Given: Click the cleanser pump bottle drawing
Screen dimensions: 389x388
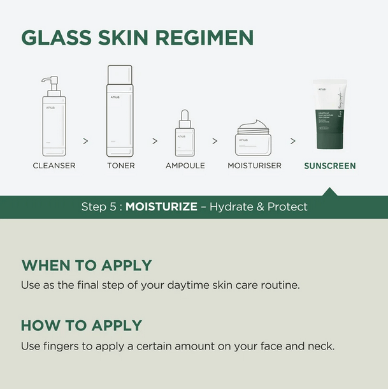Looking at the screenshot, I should pos(54,121).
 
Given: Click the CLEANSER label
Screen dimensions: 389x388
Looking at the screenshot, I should pos(54,166).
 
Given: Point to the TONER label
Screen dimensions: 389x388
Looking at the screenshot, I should pos(120,166).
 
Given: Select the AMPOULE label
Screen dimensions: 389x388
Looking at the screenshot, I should pos(185,166).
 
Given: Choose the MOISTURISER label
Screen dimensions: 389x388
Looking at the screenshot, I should pos(254,166).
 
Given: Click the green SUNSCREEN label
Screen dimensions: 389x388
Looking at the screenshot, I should pos(329,166).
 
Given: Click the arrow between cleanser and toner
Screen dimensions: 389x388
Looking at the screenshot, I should pos(85,141).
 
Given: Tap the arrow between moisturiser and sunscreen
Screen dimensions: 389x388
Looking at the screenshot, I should pos(292,141).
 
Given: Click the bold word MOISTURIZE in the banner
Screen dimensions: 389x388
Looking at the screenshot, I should pos(161,207).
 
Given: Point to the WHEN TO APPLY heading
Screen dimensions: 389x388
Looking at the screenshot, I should pos(87,265).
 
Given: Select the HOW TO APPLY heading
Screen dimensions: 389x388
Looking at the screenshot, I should pos(82,325).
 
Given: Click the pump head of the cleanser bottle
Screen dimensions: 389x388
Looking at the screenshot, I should pos(50,81).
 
